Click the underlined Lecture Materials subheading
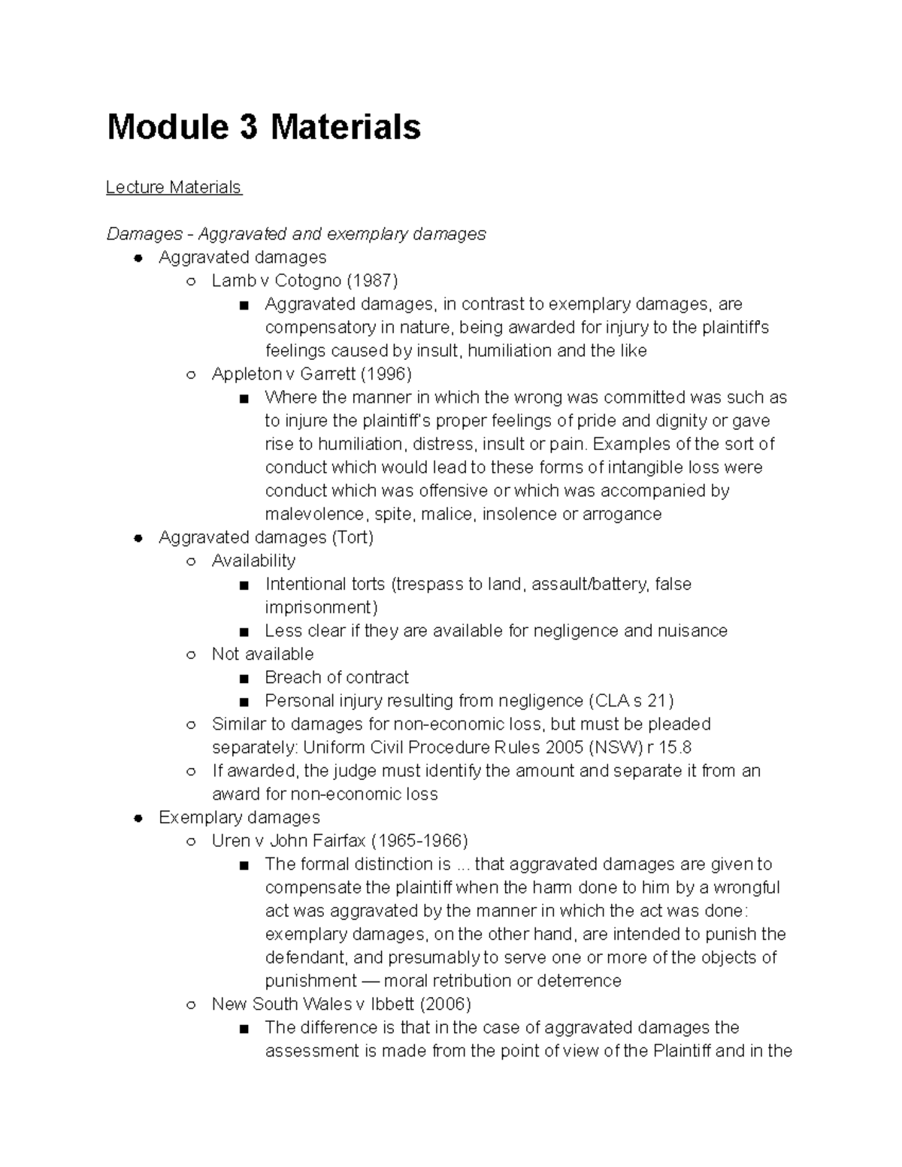(x=174, y=187)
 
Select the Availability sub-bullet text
(x=253, y=561)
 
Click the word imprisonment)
(x=321, y=608)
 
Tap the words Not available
(x=262, y=655)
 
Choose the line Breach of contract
(x=336, y=678)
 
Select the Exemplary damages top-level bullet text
(x=239, y=818)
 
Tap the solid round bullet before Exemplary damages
(x=138, y=818)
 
